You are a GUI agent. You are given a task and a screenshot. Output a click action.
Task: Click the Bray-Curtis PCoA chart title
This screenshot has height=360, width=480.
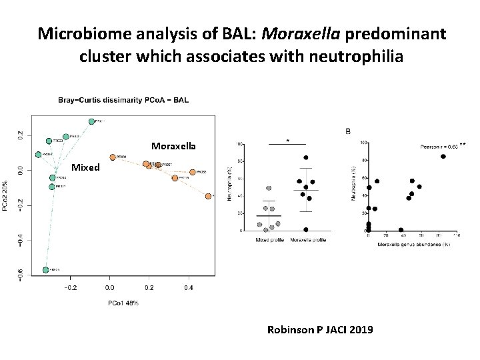pyautogui.click(x=123, y=101)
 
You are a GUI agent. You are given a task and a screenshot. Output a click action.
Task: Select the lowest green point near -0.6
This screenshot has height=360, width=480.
pyautogui.click(x=46, y=270)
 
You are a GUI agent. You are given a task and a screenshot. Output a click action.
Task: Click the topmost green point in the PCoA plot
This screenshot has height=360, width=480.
pyautogui.click(x=91, y=121)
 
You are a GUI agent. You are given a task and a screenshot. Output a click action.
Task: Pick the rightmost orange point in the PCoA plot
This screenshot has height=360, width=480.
pyautogui.click(x=209, y=196)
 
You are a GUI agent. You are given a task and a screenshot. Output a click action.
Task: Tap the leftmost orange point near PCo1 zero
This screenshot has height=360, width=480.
pyautogui.click(x=113, y=157)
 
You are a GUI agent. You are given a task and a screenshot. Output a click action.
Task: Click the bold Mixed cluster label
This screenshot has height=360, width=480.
pyautogui.click(x=85, y=167)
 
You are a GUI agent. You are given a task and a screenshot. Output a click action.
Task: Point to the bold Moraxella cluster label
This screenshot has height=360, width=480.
pyautogui.click(x=173, y=145)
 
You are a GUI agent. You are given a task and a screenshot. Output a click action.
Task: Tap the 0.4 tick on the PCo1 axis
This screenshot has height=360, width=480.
pyautogui.click(x=189, y=288)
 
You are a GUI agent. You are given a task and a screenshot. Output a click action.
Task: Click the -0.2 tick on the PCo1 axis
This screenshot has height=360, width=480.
pyautogui.click(x=69, y=288)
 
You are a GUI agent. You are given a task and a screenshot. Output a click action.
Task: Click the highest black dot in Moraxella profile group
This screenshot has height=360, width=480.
pyautogui.click(x=305, y=158)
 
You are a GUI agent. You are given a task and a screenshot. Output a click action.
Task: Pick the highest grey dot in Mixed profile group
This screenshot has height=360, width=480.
pyautogui.click(x=269, y=188)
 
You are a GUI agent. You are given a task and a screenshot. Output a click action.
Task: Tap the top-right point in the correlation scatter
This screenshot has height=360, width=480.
pyautogui.click(x=443, y=157)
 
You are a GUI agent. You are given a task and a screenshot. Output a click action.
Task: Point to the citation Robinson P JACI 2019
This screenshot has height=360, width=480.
pyautogui.click(x=319, y=329)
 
